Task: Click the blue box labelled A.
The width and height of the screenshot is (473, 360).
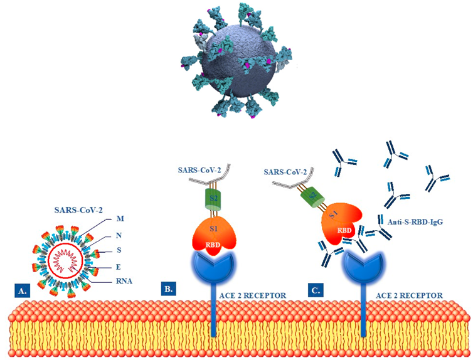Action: click(22, 291)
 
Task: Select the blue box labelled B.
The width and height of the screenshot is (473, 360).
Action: click(168, 289)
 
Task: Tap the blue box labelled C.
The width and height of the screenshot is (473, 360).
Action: click(317, 290)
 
